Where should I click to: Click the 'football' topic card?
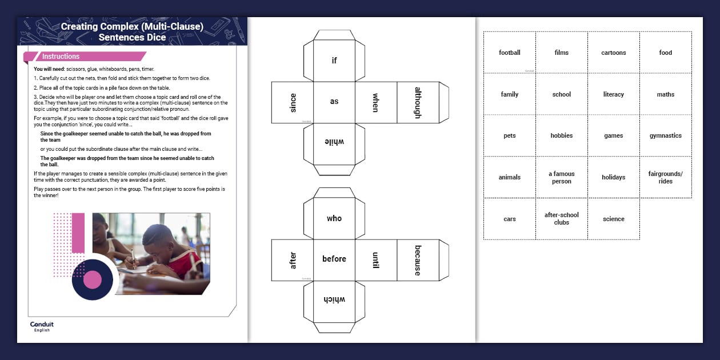510,53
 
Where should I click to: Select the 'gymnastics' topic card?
665,136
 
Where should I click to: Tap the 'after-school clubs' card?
562,219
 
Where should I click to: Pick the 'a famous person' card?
562,177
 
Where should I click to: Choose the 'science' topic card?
614,219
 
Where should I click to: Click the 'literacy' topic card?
614,94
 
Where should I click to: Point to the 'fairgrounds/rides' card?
665,177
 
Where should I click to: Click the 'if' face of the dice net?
334,61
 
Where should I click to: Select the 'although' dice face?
418,103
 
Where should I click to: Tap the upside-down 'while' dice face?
334,143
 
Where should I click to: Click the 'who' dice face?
334,218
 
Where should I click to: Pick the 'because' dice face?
418,260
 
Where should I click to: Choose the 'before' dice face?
334,259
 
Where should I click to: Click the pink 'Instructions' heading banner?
86,57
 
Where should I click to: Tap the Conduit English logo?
42,326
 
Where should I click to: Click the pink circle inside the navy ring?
93,280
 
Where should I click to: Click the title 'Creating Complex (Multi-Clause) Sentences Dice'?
132,32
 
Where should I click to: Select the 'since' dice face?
293,103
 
